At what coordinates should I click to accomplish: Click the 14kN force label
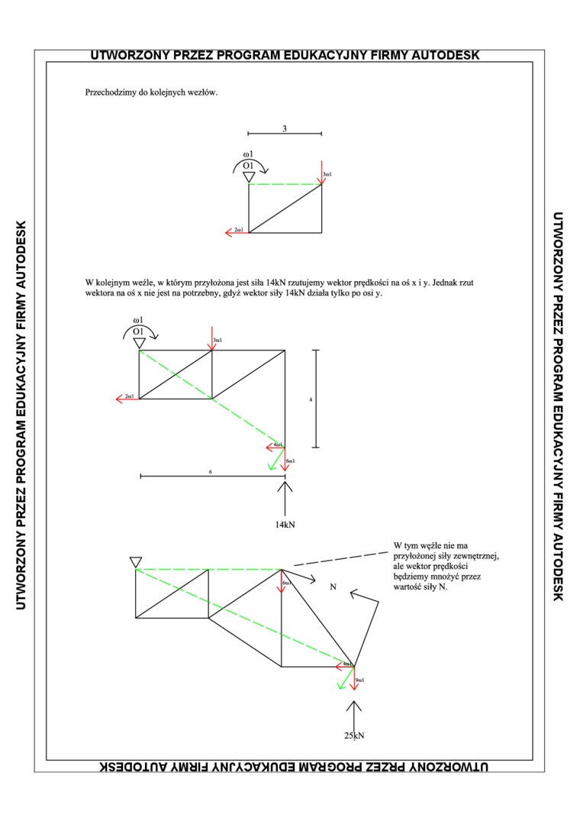[x=285, y=525]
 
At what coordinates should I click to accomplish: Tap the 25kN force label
[x=353, y=735]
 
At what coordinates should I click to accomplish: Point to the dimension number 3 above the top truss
[x=285, y=128]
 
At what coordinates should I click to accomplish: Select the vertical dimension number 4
[x=311, y=399]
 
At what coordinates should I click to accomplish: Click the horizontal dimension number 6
[x=210, y=472]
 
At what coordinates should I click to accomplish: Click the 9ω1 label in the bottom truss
[x=361, y=680]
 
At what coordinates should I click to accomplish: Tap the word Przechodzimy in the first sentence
[x=111, y=93]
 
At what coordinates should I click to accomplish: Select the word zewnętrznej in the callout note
[x=474, y=557]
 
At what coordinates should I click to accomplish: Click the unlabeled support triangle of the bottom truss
[x=136, y=563]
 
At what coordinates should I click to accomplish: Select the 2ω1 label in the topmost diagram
[x=239, y=230]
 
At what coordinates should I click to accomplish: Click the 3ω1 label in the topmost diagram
[x=327, y=175]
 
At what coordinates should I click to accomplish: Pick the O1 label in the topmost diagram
[x=248, y=165]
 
